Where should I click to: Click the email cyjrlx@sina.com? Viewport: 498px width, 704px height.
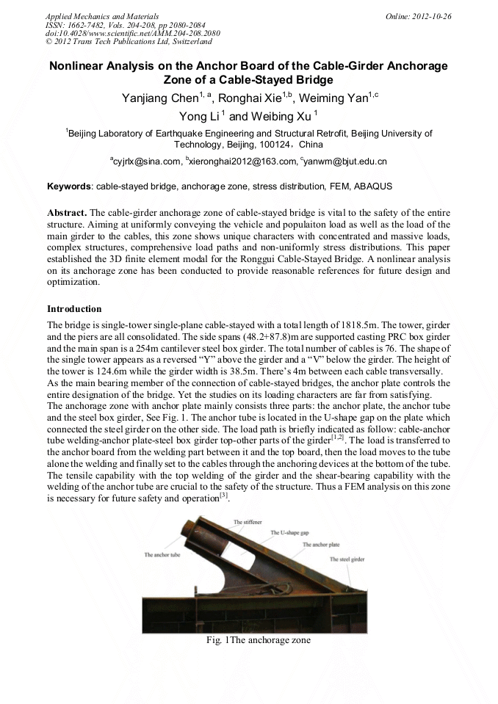click(146, 162)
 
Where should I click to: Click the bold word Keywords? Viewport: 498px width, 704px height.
click(70, 187)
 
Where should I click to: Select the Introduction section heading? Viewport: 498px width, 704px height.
click(74, 309)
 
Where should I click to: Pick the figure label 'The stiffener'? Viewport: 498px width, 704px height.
click(248, 522)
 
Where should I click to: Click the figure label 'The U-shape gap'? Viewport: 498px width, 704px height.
click(289, 532)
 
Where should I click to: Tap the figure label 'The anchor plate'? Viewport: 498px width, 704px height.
click(321, 545)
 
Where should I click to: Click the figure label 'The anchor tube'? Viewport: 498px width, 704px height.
click(161, 555)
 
